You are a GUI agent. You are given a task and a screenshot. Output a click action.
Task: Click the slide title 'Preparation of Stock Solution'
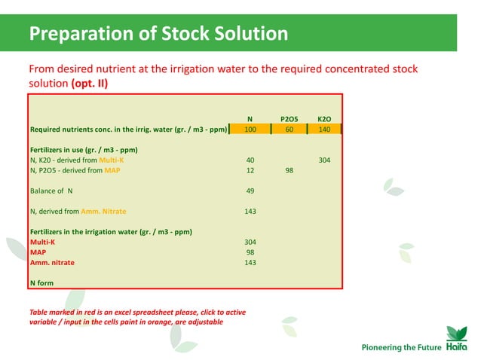[158, 34]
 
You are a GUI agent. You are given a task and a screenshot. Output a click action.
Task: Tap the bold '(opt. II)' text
[89, 84]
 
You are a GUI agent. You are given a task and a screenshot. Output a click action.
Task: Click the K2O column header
[325, 119]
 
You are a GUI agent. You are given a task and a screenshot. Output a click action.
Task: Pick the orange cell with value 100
[250, 130]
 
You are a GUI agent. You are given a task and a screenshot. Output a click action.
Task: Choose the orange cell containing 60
[289, 130]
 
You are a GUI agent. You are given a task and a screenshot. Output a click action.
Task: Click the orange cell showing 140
[325, 130]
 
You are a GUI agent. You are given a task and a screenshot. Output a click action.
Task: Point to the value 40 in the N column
[250, 160]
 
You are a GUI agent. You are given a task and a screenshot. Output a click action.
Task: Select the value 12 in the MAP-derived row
[250, 170]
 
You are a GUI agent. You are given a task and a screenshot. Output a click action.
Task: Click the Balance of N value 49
[250, 191]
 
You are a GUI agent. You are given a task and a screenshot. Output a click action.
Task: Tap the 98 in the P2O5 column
[289, 170]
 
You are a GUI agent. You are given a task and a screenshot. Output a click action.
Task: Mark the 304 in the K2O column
[325, 160]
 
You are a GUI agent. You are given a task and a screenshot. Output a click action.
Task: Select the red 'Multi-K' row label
[42, 242]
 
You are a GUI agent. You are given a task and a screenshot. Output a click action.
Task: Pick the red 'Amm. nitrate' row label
[52, 262]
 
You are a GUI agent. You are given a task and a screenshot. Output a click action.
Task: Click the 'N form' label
[41, 282]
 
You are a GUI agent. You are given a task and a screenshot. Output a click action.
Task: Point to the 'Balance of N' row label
[52, 191]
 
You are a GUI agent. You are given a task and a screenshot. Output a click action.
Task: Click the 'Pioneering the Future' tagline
[397, 347]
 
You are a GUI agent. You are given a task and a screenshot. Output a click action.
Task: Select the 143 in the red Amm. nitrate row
[250, 262]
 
